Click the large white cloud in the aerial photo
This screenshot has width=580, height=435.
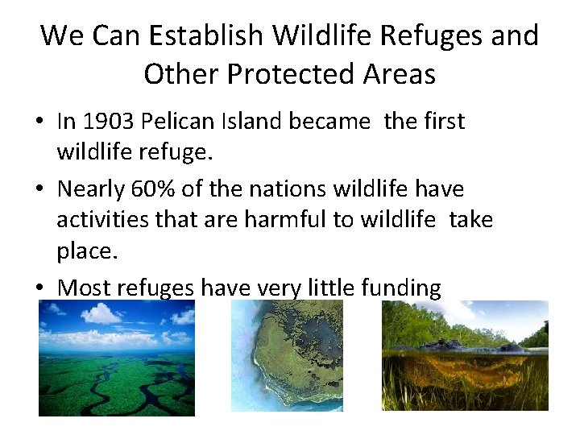101,313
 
